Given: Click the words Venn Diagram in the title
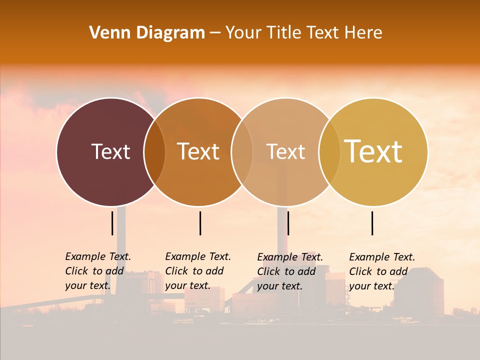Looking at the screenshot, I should (147, 33).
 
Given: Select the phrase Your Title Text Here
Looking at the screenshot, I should (303, 33).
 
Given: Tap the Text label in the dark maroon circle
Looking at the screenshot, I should (110, 151).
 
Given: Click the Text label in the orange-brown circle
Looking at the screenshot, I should (198, 151).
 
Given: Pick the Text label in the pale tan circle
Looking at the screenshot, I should (286, 151).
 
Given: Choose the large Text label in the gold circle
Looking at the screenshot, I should (373, 151).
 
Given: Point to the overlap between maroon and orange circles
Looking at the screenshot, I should (154, 152).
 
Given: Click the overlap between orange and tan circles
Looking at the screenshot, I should (242, 152).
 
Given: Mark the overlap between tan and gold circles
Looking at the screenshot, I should (329, 152).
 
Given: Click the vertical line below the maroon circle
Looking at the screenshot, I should (112, 223).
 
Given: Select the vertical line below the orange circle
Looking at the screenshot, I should (200, 223).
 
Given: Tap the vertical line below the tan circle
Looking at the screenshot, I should (288, 223).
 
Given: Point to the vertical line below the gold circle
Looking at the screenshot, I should (372, 223).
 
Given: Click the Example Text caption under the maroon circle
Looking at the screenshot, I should (97, 271).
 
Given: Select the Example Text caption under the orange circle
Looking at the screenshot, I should (197, 271).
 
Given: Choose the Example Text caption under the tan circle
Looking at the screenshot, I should (290, 271).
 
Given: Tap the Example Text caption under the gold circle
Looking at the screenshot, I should (381, 271).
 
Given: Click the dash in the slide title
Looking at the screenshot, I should (215, 33).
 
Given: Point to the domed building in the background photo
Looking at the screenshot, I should (418, 292).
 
